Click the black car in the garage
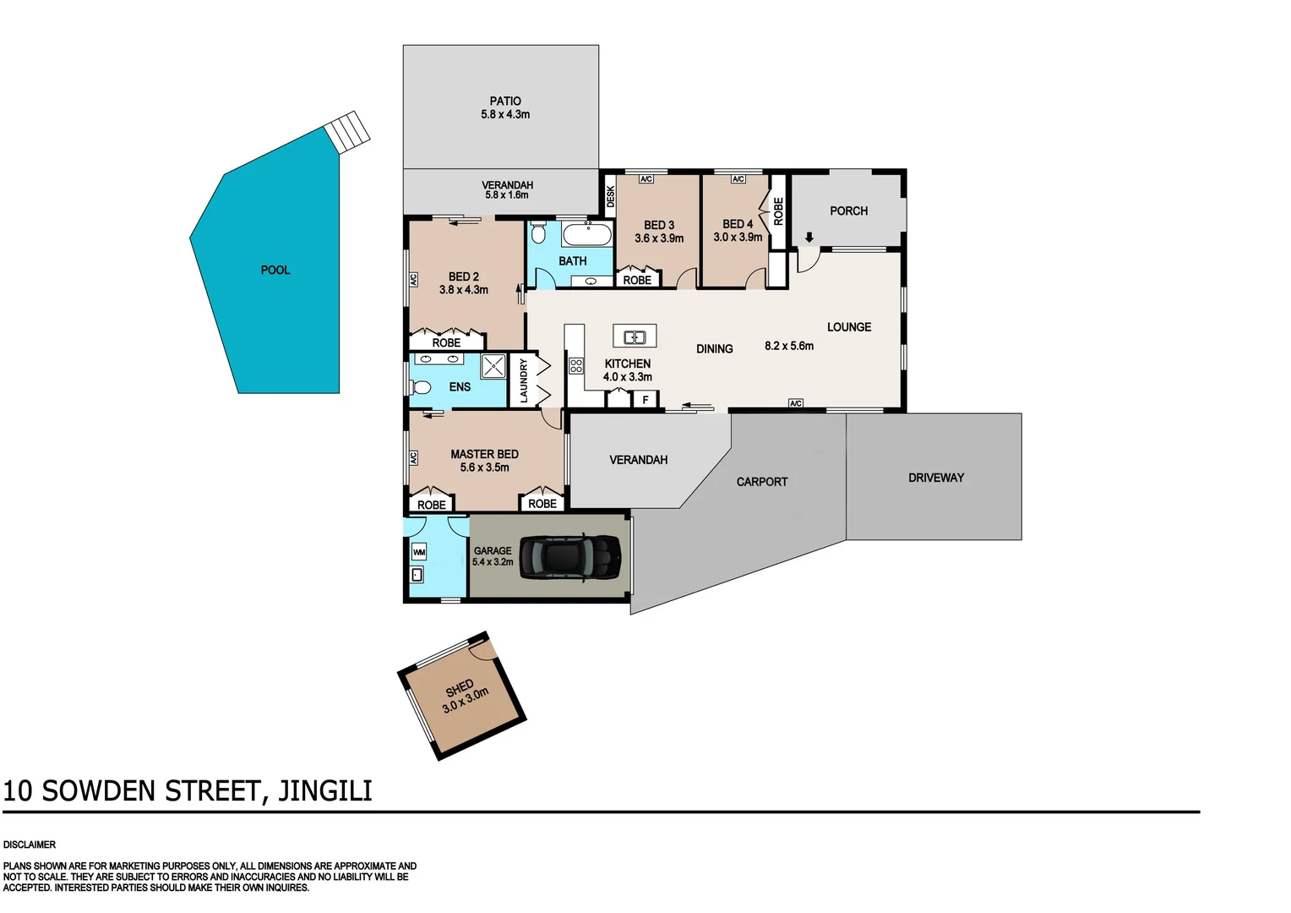tap(570, 557)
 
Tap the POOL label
tap(275, 271)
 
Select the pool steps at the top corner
tap(348, 131)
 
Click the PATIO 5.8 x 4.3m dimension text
tap(505, 115)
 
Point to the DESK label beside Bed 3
tap(610, 196)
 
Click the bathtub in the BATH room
tap(587, 235)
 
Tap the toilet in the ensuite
tap(420, 387)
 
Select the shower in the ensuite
tap(493, 366)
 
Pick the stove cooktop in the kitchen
tap(576, 366)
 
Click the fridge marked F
tap(645, 400)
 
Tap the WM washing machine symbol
tap(418, 552)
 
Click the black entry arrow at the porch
tap(809, 238)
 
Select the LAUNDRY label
tap(524, 380)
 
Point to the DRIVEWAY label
tap(935, 478)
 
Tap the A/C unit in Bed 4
tap(738, 179)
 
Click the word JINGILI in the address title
tap(325, 791)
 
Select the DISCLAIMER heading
tap(30, 845)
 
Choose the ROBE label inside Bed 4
tap(778, 210)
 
